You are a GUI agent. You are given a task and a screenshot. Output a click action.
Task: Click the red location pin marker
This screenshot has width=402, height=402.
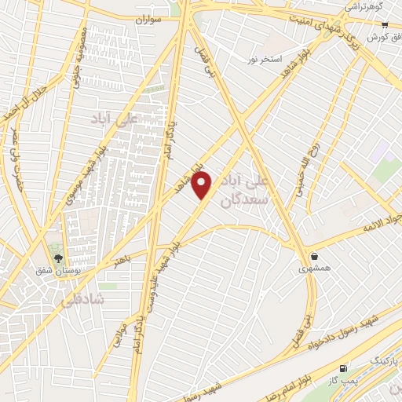tap(203, 185)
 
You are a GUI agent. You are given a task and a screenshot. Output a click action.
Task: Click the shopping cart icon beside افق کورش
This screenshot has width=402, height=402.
tap(386, 26)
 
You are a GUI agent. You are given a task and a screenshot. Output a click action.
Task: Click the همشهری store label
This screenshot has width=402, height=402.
tap(315, 269)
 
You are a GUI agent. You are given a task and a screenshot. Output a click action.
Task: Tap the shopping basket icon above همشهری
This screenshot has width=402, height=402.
tap(315, 255)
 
